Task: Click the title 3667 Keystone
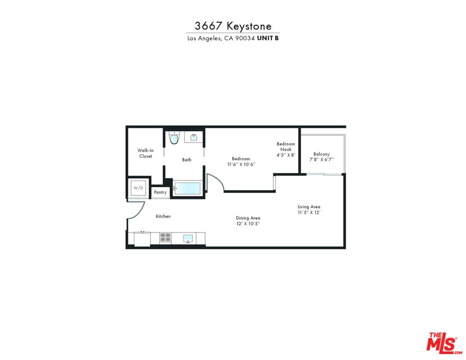click(233, 26)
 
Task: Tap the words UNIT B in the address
click(268, 38)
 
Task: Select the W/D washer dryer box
click(138, 188)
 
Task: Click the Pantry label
click(160, 192)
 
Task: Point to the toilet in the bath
click(173, 138)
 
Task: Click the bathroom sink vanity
click(193, 136)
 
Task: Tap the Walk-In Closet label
click(145, 153)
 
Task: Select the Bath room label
click(186, 160)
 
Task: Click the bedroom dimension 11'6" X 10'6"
click(241, 164)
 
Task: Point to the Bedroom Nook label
click(286, 146)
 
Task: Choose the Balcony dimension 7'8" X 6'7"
click(321, 159)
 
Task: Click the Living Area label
click(309, 207)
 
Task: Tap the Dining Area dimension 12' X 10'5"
click(248, 223)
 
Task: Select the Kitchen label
click(163, 216)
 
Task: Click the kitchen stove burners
click(165, 238)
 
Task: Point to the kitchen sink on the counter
click(188, 238)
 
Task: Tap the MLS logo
click(442, 342)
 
